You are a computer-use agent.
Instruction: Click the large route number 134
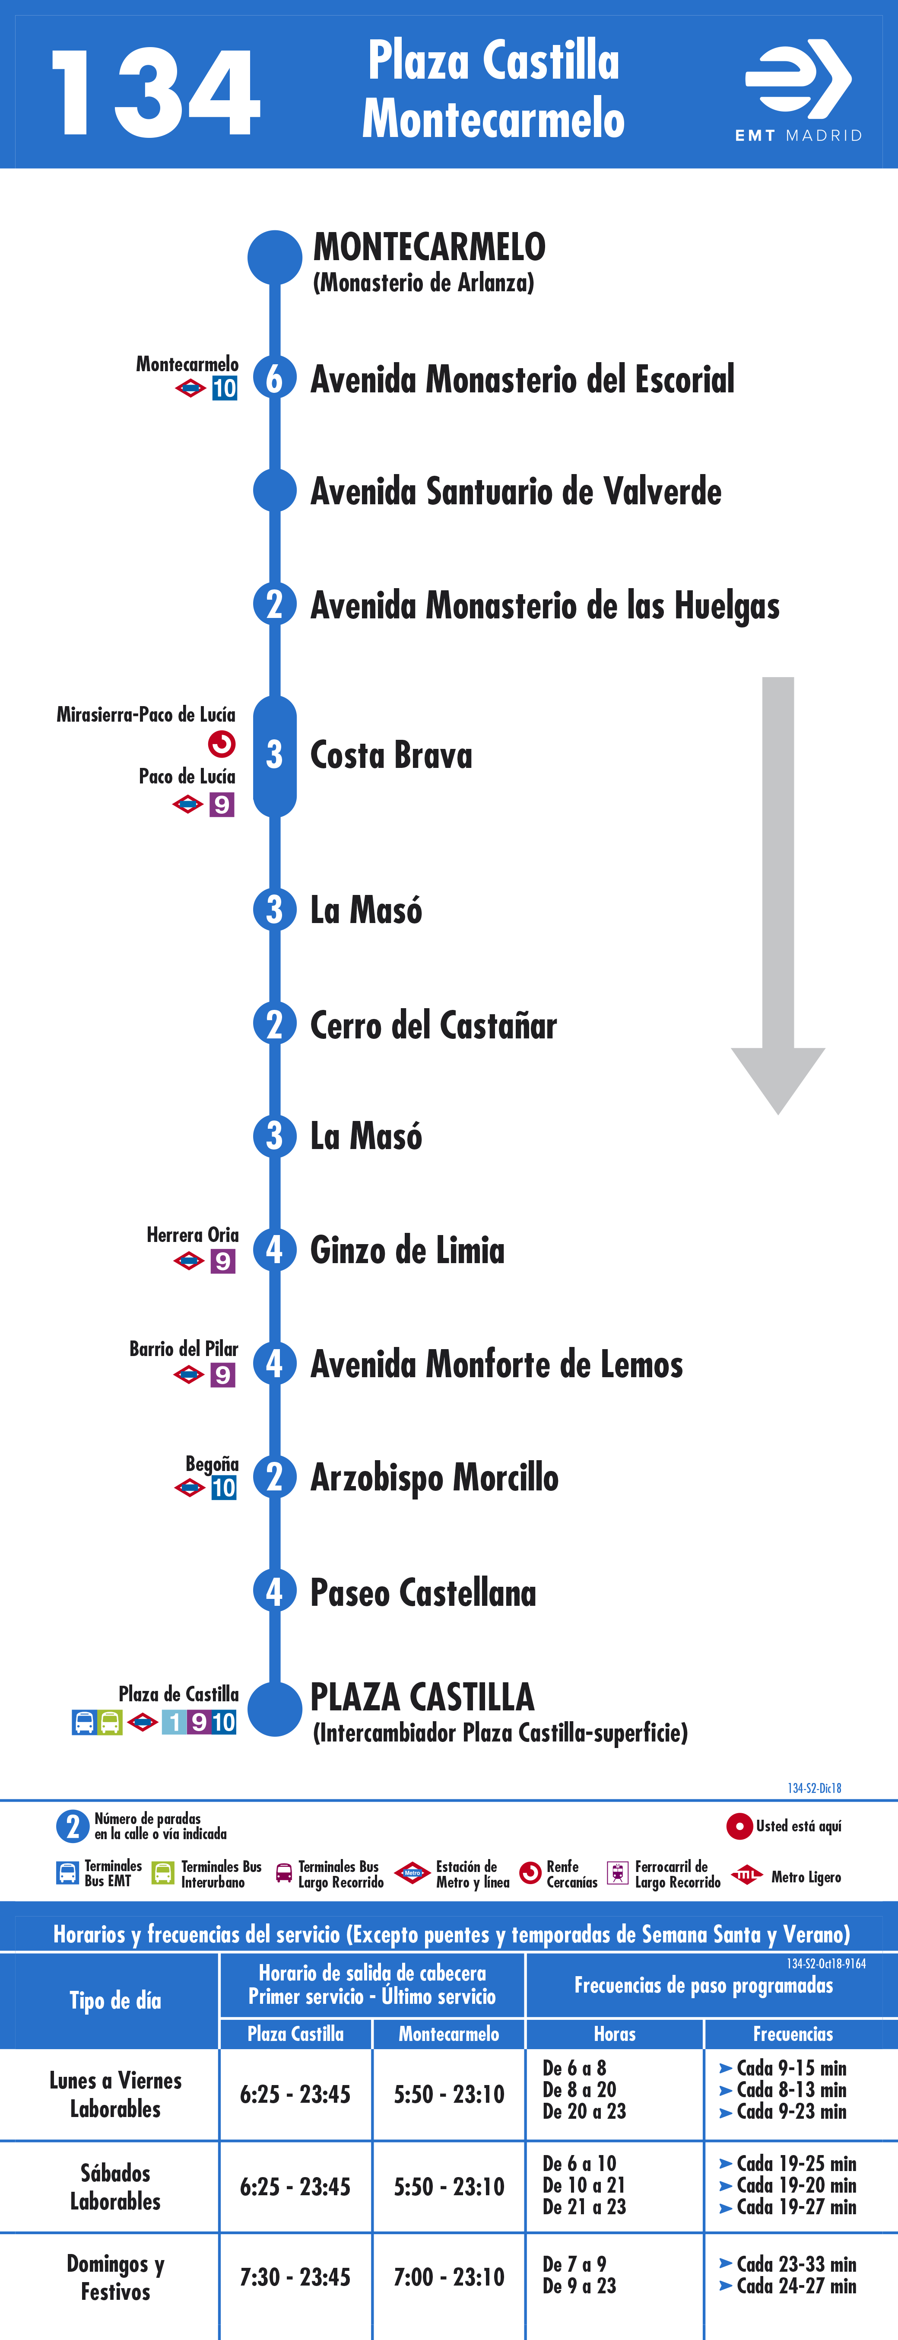click(156, 94)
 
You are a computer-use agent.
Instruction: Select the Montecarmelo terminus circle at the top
click(274, 257)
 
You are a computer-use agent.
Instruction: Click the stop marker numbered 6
click(274, 378)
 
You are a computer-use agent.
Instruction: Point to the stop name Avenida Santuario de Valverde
click(516, 491)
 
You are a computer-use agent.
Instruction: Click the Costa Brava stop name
click(391, 755)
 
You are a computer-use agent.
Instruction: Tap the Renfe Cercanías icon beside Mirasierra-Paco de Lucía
click(222, 744)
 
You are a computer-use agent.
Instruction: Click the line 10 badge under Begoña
click(223, 1488)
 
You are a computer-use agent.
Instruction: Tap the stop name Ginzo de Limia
click(408, 1250)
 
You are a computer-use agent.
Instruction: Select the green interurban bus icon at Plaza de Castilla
click(110, 1722)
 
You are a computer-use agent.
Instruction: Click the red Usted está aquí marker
click(739, 1826)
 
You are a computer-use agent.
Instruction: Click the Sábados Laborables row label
click(115, 2187)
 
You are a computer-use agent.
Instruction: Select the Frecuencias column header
click(793, 2034)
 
